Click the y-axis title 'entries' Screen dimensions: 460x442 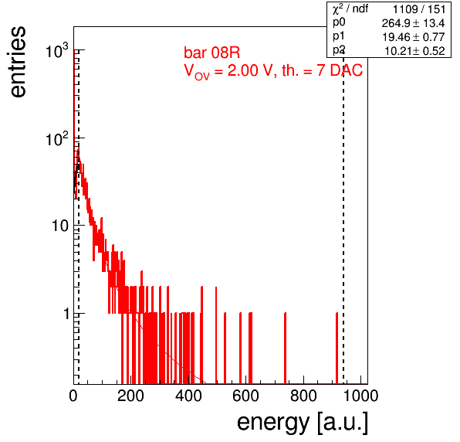(x=19, y=61)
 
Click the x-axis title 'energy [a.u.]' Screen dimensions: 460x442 (x=303, y=423)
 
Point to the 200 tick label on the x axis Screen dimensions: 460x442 (x=130, y=396)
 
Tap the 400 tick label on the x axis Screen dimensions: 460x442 (x=188, y=396)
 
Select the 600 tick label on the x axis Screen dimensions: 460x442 (x=246, y=396)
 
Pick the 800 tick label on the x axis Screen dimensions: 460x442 (x=303, y=396)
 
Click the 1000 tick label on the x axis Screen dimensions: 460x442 (x=360, y=396)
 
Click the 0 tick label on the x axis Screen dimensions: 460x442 (x=73, y=396)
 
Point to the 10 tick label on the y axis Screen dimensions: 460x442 (x=60, y=226)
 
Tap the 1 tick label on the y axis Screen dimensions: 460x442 (x=66, y=314)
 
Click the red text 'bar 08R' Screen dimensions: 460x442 (x=211, y=53)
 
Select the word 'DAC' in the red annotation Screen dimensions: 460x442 (x=347, y=70)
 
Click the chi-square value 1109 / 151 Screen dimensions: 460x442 (x=419, y=9)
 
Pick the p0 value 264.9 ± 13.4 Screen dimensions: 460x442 (x=413, y=23)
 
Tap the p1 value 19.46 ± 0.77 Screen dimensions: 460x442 (x=414, y=37)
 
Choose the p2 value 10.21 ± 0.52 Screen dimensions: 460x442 (x=414, y=51)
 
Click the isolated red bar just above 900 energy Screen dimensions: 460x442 (x=337, y=348)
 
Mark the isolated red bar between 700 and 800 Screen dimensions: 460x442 (x=285, y=348)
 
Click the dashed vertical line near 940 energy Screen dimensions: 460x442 (x=343, y=220)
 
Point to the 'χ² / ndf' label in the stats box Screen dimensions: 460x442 (x=350, y=8)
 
